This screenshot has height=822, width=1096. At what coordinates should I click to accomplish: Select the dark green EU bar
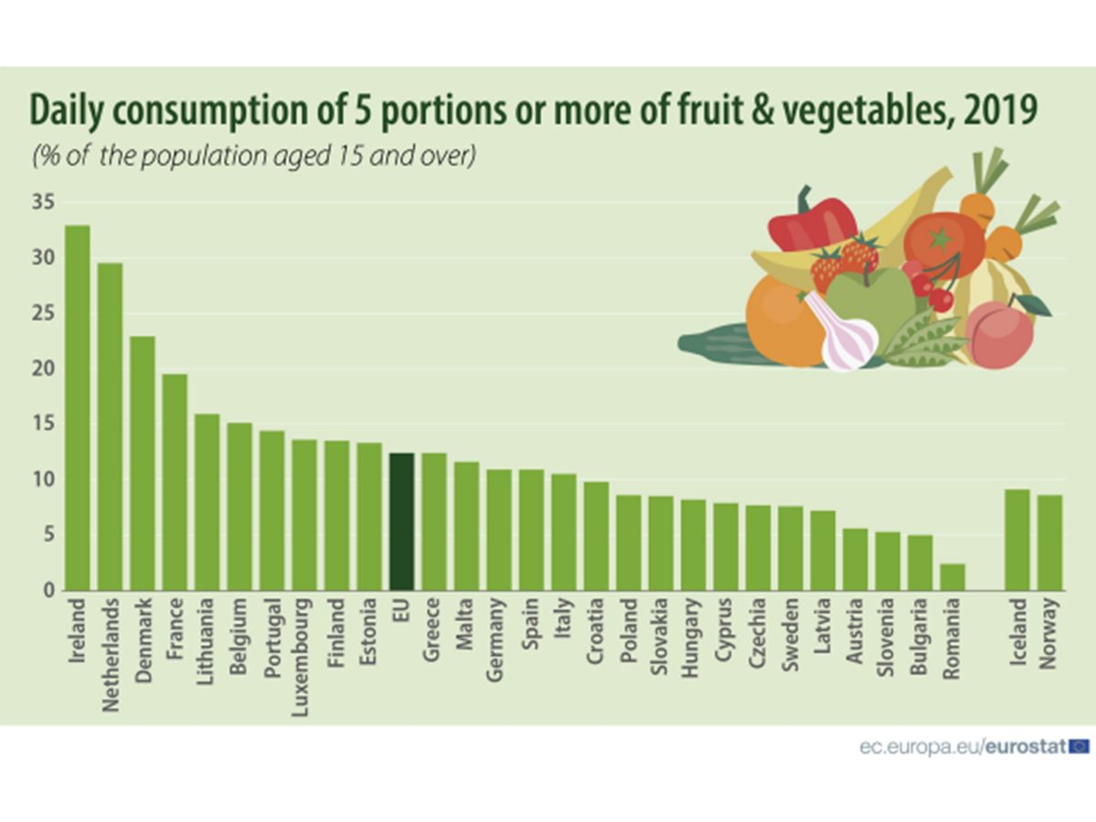point(401,522)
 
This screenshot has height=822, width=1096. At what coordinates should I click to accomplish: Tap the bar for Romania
point(952,577)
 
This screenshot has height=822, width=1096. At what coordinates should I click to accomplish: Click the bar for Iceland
point(1017,540)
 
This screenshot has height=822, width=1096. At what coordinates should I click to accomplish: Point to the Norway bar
point(1049,543)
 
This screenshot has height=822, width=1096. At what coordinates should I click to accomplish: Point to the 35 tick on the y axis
point(42,203)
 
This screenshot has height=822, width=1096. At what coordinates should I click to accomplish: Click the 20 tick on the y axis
point(42,369)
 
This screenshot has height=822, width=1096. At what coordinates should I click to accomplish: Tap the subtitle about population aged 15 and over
point(254,155)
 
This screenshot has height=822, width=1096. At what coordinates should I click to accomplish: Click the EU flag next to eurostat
point(1079,746)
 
